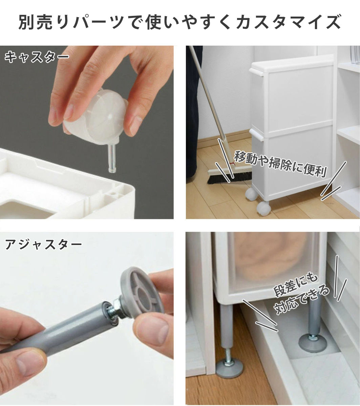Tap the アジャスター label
(43, 244)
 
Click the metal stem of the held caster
(112, 159)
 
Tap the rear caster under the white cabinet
(251, 194)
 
